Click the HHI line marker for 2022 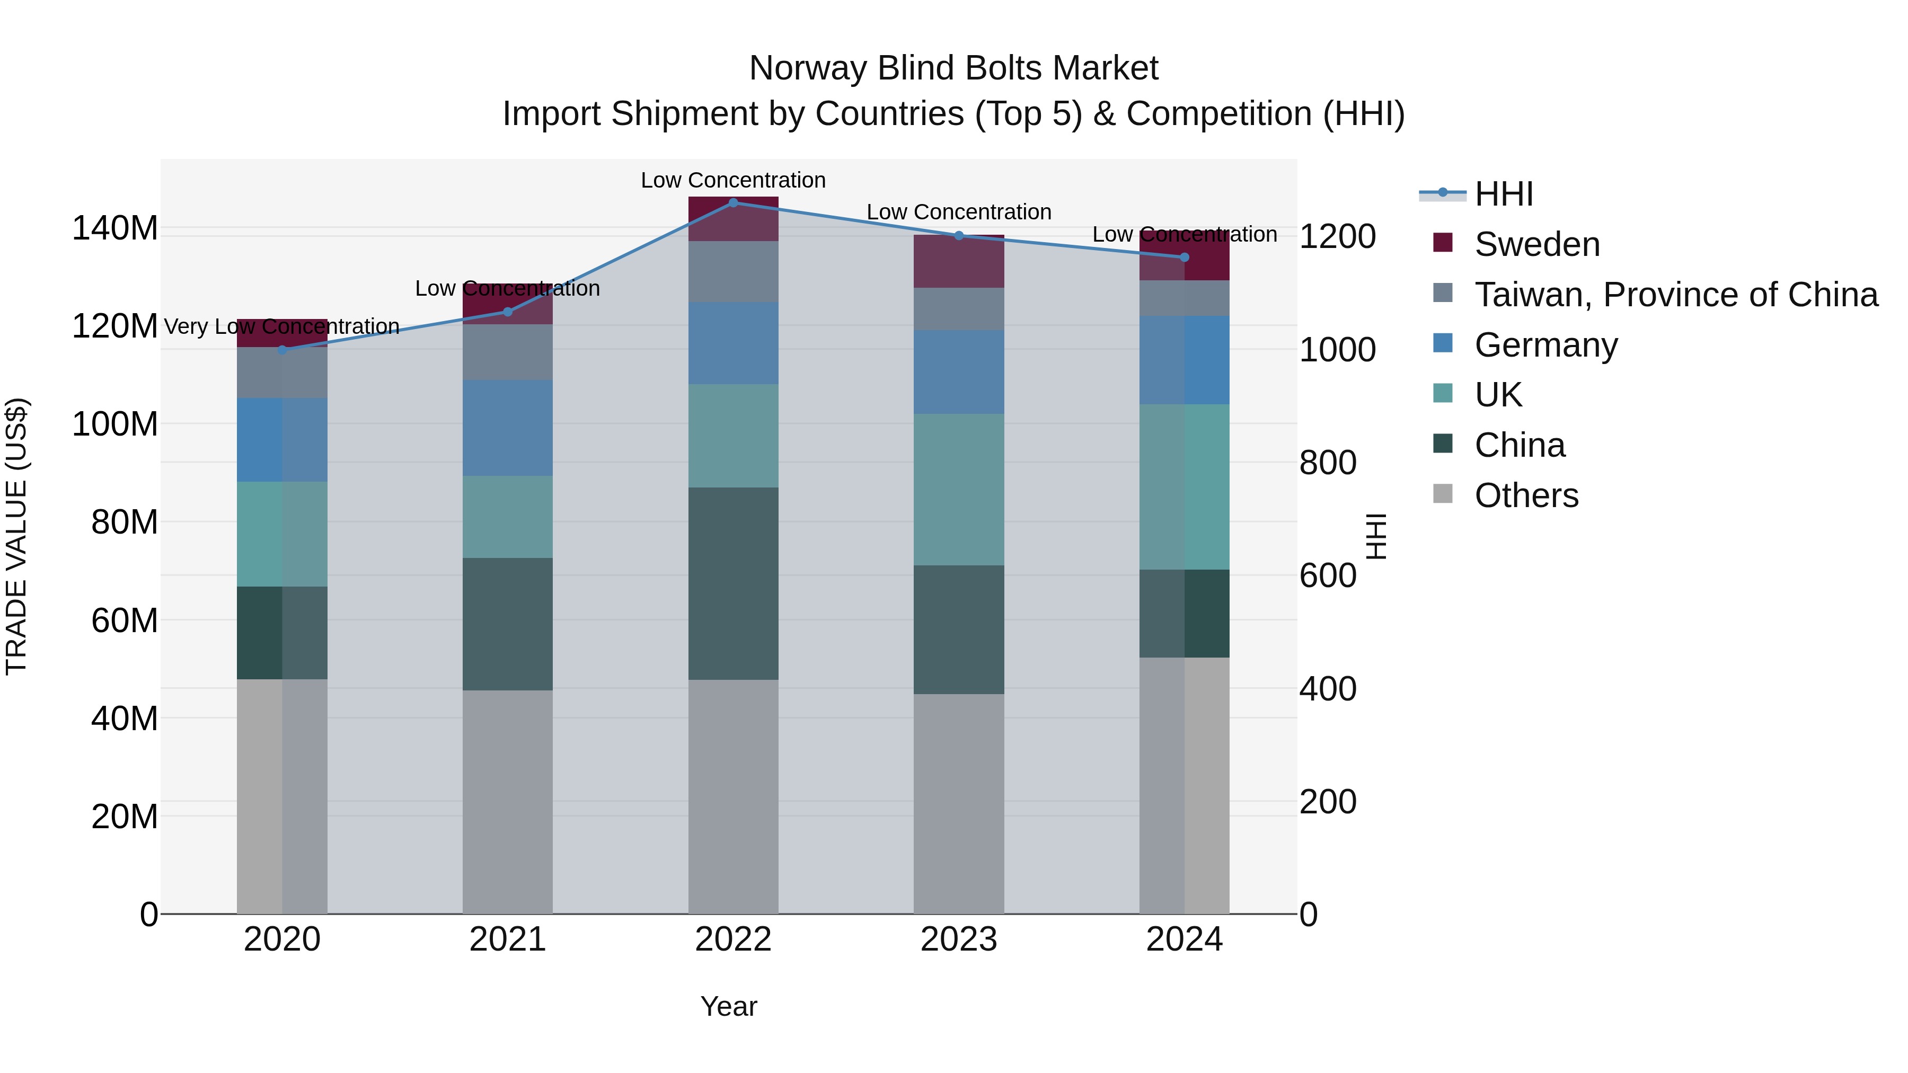734,202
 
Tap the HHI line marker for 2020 282,350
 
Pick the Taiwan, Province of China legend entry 1675,295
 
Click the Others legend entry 1526,495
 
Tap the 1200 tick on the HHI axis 1337,237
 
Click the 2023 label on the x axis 958,939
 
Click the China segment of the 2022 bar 734,583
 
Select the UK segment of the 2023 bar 958,490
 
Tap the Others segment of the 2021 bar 507,802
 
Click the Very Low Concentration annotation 281,326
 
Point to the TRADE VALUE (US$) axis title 16,536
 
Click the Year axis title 729,1006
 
